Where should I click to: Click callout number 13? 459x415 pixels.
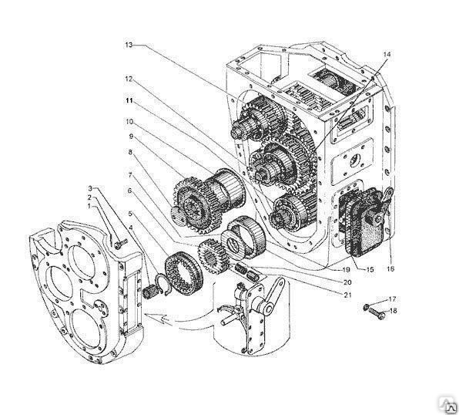pyautogui.click(x=129, y=45)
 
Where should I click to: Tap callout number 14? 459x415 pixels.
pyautogui.click(x=387, y=54)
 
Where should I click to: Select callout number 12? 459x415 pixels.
pyautogui.click(x=129, y=79)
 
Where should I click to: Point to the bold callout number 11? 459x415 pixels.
pyautogui.click(x=129, y=100)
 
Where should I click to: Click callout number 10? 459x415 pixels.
pyautogui.click(x=130, y=121)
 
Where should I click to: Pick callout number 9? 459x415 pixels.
pyautogui.click(x=131, y=137)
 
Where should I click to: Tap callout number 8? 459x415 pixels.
pyautogui.click(x=130, y=152)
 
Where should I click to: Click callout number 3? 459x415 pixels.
pyautogui.click(x=90, y=188)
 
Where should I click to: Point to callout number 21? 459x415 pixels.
pyautogui.click(x=347, y=295)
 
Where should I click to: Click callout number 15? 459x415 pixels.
pyautogui.click(x=370, y=269)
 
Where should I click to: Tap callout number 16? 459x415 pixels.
pyautogui.click(x=390, y=268)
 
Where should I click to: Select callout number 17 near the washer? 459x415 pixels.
pyautogui.click(x=392, y=299)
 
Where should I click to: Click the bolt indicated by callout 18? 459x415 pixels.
pyautogui.click(x=377, y=312)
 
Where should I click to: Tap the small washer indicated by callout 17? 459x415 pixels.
pyautogui.click(x=366, y=307)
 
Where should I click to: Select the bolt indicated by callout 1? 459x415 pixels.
pyautogui.click(x=121, y=243)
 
